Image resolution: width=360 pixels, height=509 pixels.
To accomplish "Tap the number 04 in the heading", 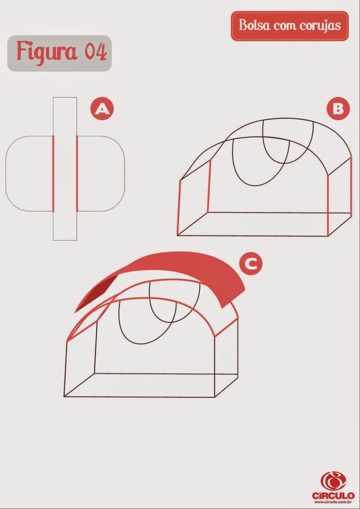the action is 96,52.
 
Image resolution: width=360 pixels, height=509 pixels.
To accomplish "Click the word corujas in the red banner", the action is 320,26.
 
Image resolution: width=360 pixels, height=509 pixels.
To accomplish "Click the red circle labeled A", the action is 102,109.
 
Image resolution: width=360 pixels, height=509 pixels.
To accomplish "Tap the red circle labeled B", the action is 338,109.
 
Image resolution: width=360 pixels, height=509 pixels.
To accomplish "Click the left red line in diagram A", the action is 53,174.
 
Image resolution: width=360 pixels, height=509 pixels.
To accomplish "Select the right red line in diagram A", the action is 77,174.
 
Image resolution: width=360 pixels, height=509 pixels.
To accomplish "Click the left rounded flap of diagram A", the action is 29,174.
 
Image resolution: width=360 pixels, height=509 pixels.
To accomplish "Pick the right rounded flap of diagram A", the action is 101,174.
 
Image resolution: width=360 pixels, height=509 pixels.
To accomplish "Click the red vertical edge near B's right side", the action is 328,205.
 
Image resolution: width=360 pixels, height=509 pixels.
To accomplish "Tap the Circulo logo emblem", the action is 333,481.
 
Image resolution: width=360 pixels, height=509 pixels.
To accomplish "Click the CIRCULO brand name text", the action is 333,496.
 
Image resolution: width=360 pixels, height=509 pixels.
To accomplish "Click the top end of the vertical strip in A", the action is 65,98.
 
